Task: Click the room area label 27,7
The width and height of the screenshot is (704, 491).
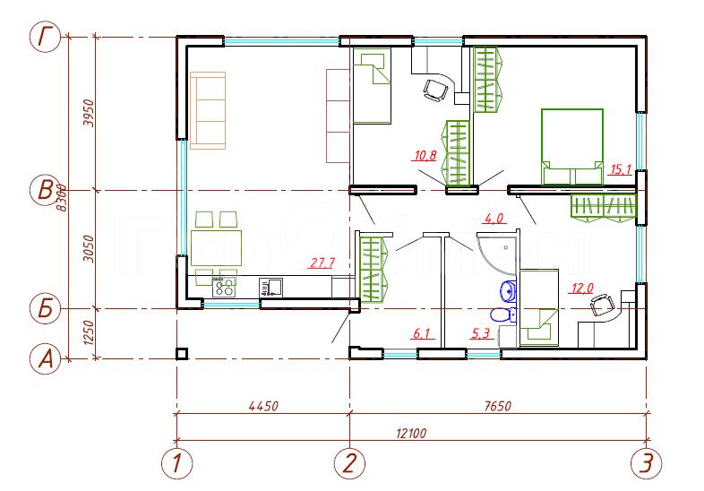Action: [322, 263]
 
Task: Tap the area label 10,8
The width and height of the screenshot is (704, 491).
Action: [425, 156]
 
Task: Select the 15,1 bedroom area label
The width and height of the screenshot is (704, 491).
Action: [621, 169]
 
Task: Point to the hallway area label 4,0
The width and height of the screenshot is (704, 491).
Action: [494, 219]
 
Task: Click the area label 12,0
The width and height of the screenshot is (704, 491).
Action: [582, 288]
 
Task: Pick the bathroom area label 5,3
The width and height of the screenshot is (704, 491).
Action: [480, 333]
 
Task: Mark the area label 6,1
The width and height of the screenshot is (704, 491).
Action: [422, 333]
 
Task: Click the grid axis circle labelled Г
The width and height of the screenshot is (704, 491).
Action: [45, 37]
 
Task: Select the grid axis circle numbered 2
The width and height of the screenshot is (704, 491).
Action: [349, 463]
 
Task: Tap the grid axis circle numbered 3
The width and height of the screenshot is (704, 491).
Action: [646, 463]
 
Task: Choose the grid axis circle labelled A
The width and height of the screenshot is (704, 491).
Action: [45, 359]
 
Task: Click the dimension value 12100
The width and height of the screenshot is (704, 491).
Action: [411, 433]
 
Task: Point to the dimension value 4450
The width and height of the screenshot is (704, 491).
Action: [263, 406]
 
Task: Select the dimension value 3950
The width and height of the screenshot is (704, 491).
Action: [90, 113]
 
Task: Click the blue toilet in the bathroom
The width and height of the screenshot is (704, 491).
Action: [503, 314]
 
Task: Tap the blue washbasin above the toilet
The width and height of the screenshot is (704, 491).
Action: [509, 290]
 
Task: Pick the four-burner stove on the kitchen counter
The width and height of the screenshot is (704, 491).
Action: [225, 287]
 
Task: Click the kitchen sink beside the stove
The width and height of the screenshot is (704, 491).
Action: [270, 287]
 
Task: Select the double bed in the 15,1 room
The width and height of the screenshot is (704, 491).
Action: [572, 147]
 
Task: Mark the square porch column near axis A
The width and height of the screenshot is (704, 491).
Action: [182, 354]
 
